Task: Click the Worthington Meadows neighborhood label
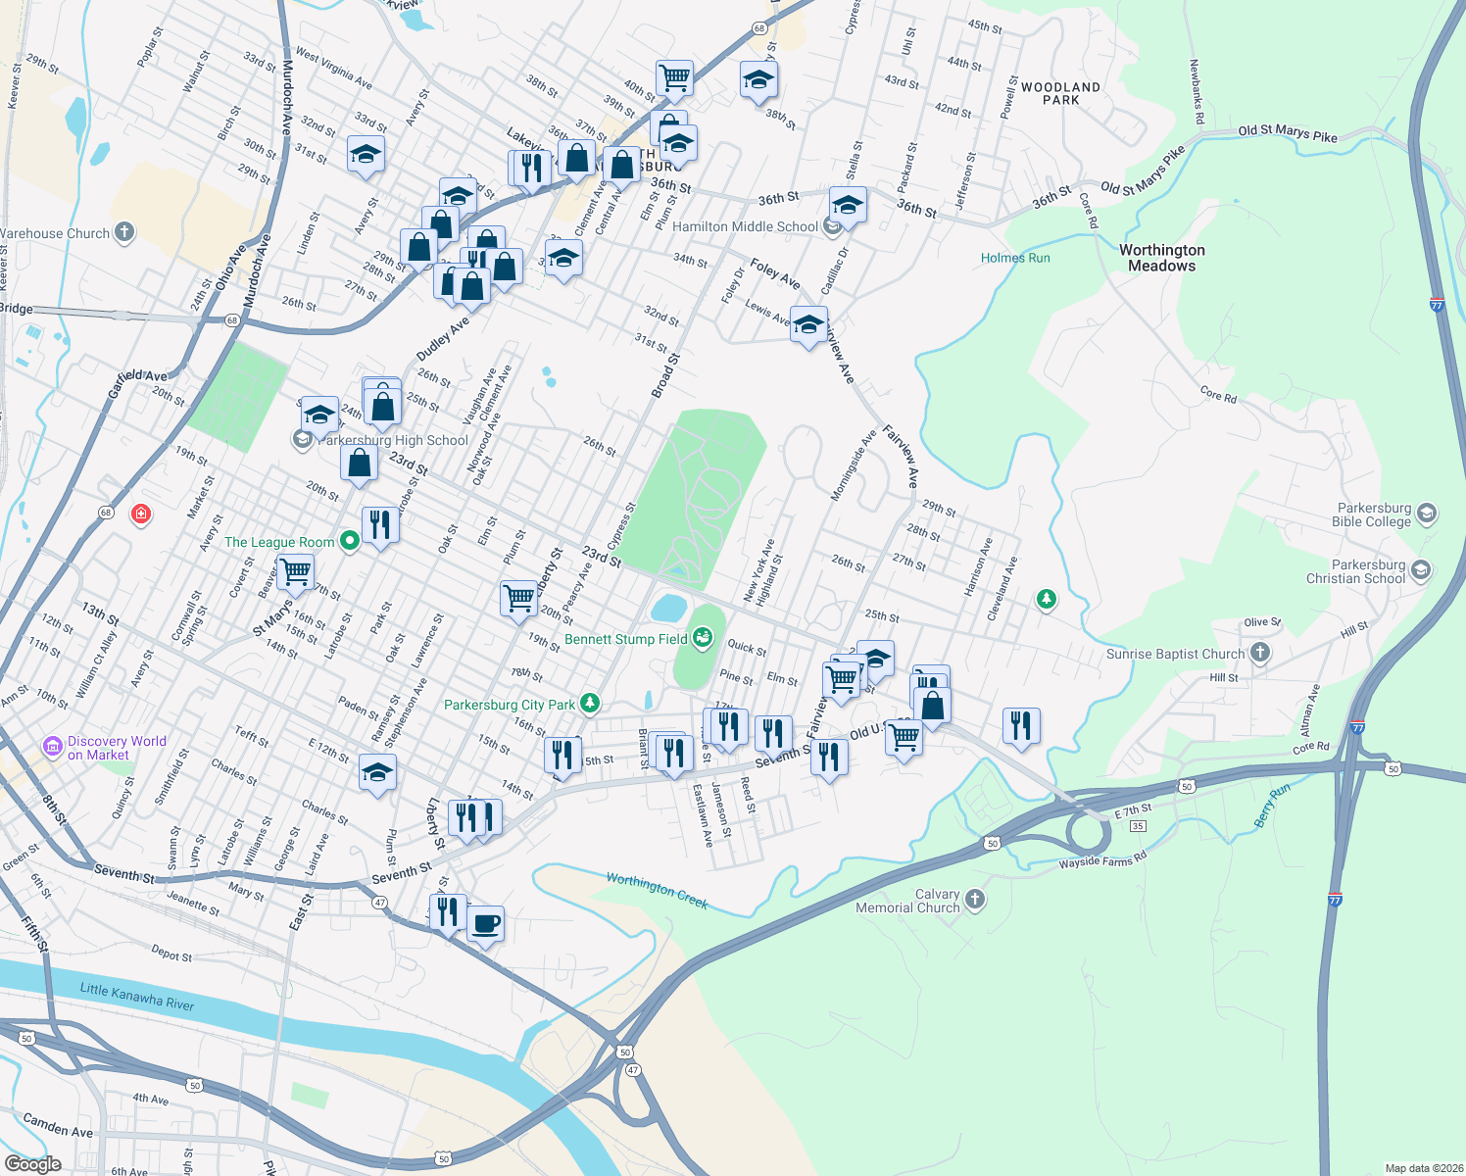(x=1162, y=258)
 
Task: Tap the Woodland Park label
(x=1060, y=93)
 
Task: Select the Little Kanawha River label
(x=137, y=997)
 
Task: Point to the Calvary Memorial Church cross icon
(x=975, y=899)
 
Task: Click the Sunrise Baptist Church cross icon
(x=1260, y=653)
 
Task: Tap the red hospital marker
(x=141, y=514)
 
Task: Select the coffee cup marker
(x=485, y=923)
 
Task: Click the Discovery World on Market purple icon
(x=53, y=748)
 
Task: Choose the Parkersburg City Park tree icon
(x=589, y=703)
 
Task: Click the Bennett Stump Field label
(x=626, y=639)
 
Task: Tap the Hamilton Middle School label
(x=745, y=226)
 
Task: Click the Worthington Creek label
(x=657, y=889)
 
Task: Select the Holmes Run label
(x=1015, y=258)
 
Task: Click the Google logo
(x=32, y=1164)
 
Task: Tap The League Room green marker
(x=349, y=541)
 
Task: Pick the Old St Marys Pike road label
(x=1288, y=133)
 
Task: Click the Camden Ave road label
(x=57, y=1125)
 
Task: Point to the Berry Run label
(x=1273, y=805)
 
